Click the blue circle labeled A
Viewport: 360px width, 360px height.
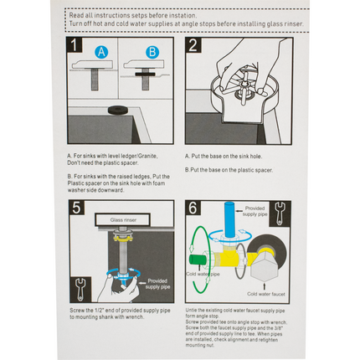tap(102, 51)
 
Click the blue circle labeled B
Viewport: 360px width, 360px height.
tap(151, 51)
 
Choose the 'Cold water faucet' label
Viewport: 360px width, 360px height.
tap(268, 292)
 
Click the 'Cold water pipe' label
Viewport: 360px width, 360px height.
tap(203, 273)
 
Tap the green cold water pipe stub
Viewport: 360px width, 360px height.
tap(203, 254)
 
